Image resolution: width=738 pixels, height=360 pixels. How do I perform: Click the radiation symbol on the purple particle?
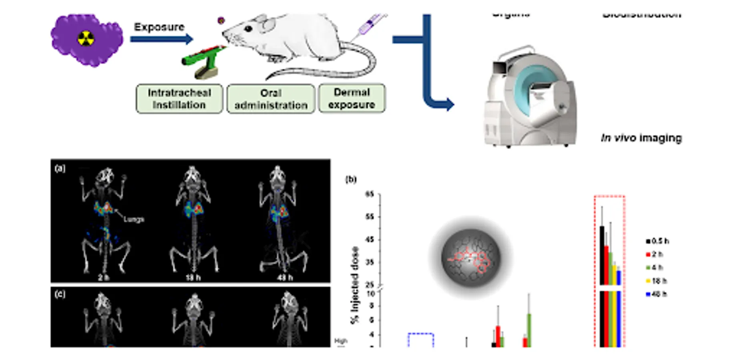[86, 39]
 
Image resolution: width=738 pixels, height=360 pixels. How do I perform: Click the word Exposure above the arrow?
[159, 27]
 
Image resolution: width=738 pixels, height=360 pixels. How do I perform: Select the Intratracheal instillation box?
[179, 99]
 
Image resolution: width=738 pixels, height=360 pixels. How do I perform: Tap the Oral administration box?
[271, 99]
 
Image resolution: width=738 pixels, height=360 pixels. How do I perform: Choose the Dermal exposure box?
[352, 98]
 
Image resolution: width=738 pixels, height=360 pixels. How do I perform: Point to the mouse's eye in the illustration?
[248, 29]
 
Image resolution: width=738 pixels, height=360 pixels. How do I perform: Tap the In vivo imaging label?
[641, 138]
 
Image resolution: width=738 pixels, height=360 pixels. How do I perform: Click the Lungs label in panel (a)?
[134, 219]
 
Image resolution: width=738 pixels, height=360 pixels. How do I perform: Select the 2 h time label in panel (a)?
[104, 277]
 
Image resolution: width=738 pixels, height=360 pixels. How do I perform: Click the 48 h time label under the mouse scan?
[285, 277]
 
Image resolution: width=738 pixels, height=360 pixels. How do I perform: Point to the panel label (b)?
[351, 179]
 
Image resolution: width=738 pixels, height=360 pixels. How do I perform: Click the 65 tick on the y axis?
[369, 194]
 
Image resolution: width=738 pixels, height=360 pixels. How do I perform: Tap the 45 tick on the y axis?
[369, 240]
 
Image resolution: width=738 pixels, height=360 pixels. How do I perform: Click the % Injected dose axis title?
[355, 285]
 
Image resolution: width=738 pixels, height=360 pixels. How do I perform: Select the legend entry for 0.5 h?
[657, 241]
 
